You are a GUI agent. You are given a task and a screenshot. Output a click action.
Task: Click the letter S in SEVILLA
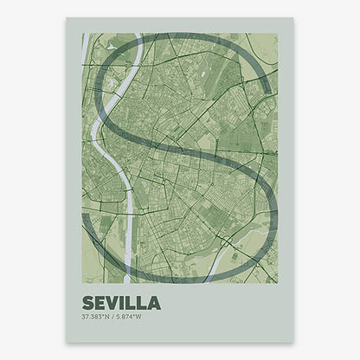[87, 303]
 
